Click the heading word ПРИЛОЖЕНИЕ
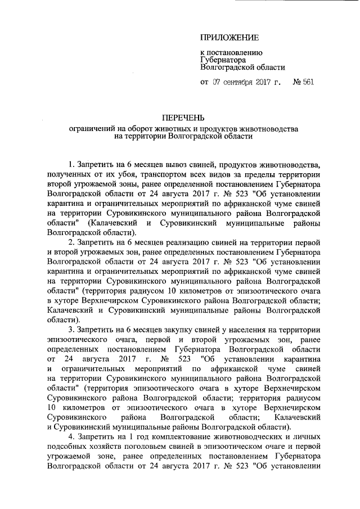[231, 38]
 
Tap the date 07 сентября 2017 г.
[247, 82]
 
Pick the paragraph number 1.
[71, 165]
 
